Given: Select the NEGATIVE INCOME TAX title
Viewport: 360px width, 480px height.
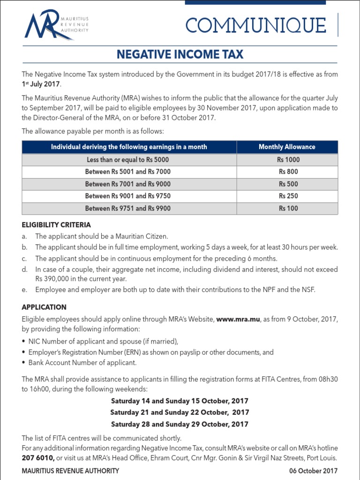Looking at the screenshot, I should coord(180,54).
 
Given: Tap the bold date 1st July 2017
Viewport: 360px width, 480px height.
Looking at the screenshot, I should coord(41,84).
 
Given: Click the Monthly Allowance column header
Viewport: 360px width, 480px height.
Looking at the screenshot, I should coord(287,147).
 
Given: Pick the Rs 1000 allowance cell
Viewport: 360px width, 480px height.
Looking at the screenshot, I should coord(288,159).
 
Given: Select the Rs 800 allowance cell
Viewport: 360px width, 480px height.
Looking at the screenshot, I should coord(288,172).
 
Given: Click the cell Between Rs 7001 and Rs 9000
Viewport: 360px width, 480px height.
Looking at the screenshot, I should coord(128,184).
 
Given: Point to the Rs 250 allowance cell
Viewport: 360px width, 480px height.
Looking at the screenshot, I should coord(288,196).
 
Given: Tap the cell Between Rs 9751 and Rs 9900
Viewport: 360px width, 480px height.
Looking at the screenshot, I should coord(128,208).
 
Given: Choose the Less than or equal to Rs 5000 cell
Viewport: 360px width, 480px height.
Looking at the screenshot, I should coord(128,159).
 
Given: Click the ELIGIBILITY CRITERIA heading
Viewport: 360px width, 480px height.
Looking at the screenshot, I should coord(56,225).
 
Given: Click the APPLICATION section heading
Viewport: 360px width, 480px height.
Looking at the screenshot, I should coord(44,307).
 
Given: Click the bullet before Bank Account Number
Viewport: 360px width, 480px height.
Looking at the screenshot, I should coord(24,363).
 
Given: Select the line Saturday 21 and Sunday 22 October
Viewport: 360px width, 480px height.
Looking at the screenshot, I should coord(180,412).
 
